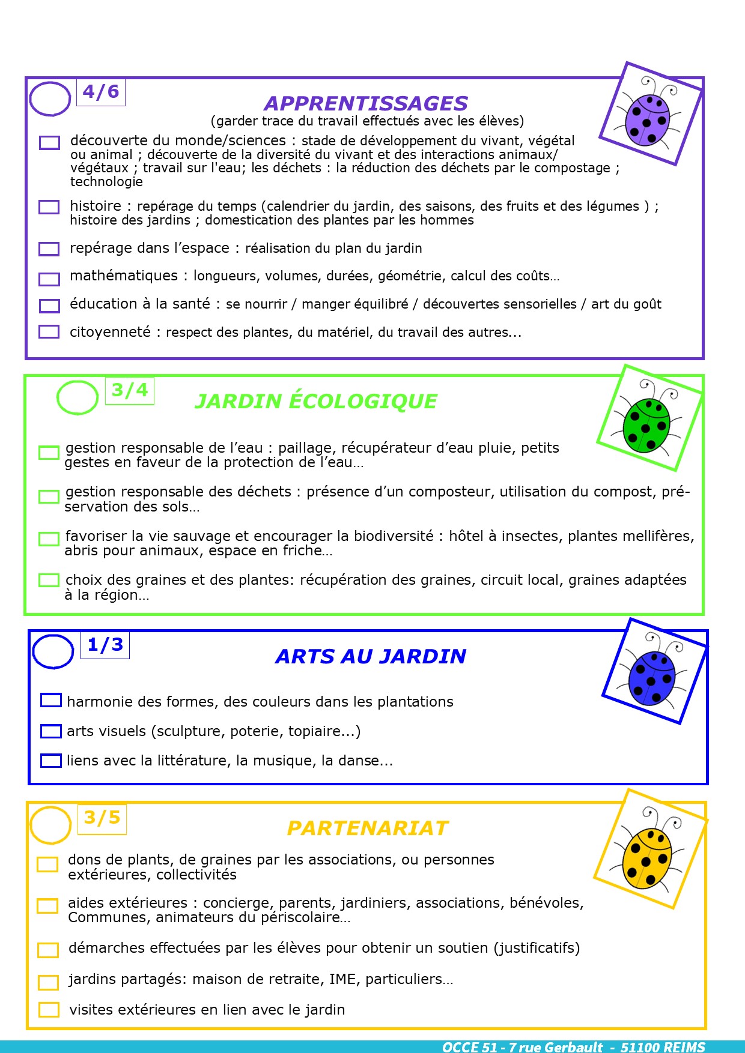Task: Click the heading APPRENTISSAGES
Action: click(366, 104)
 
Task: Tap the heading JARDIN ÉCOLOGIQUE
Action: click(316, 401)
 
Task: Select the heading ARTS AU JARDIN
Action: click(371, 656)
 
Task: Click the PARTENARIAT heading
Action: click(368, 828)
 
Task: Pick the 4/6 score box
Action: click(101, 92)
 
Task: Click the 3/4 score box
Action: click(130, 390)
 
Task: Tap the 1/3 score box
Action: click(105, 645)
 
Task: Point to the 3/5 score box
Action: click(102, 818)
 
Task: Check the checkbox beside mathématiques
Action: click(49, 279)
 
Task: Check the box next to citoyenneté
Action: click(49, 331)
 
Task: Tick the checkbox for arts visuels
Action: click(51, 731)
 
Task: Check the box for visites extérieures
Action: click(49, 1010)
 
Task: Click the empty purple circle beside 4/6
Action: click(50, 98)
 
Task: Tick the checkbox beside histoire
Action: click(49, 207)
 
